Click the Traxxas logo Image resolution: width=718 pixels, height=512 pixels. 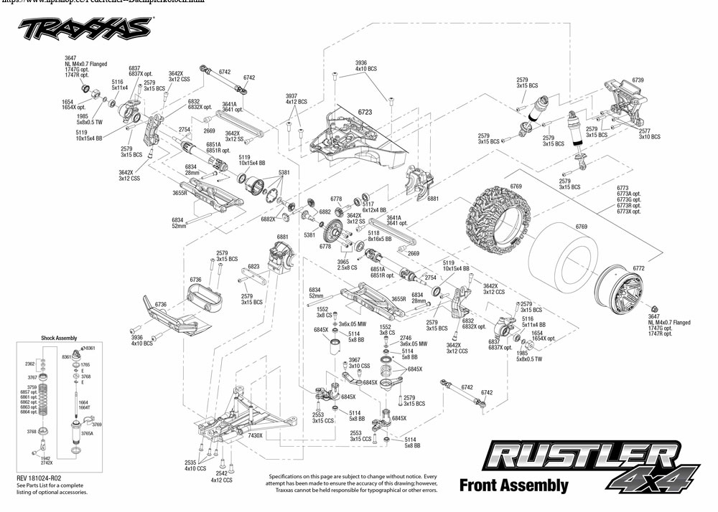coord(84,29)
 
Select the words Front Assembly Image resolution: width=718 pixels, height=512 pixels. coord(513,485)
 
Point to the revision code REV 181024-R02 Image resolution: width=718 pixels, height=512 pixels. coord(45,476)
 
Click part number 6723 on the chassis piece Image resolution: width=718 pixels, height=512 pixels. coord(366,113)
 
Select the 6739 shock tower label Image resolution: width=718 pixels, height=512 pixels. coord(638,80)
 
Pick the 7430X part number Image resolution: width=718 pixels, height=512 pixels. coord(255,435)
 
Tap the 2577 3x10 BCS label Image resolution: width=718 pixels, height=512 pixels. coord(649,133)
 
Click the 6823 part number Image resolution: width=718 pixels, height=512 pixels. coord(253,266)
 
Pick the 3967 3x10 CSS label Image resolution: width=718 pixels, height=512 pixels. coord(359,363)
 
